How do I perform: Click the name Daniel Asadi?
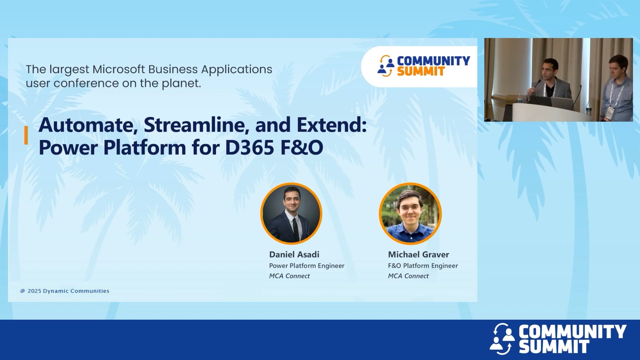point(294,255)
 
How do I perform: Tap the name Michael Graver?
point(418,255)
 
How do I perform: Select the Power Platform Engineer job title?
point(306,266)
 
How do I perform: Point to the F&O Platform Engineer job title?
point(423,266)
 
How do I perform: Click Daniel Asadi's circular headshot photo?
point(291,213)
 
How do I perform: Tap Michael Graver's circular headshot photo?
point(410,213)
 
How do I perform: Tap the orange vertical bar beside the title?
point(26,135)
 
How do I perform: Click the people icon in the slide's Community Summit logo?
point(386,66)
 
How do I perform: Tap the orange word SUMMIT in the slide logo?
point(421,71)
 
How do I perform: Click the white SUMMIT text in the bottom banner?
point(554,347)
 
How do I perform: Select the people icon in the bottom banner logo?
point(502,339)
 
